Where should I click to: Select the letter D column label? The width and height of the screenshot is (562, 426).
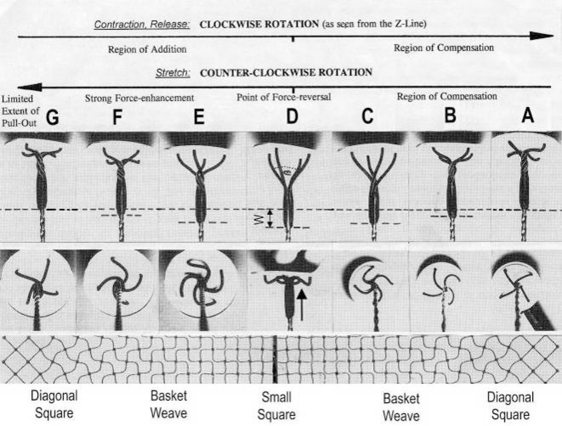(292, 118)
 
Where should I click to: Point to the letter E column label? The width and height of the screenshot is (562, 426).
(198, 118)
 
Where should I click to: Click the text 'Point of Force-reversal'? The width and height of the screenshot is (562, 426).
(283, 97)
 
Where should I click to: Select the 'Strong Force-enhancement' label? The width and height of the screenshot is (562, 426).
(139, 98)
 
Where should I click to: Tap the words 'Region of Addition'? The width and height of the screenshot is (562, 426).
(147, 49)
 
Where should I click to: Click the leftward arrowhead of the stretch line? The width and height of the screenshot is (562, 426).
(29, 86)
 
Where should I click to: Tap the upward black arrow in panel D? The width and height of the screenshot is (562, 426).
(302, 304)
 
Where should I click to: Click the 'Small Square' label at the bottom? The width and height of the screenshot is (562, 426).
(277, 406)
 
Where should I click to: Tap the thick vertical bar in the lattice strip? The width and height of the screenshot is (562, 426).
(275, 359)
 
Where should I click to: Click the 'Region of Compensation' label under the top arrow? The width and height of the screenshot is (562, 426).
(443, 48)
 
